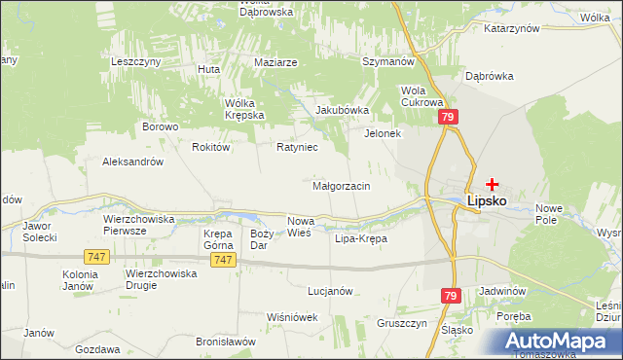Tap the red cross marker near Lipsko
tap(493, 183)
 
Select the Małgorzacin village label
tap(340, 186)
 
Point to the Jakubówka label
tap(342, 110)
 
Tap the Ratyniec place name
tap(298, 148)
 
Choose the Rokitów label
tap(210, 147)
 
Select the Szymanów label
tap(388, 60)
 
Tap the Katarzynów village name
tap(510, 29)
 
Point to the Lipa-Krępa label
tap(360, 238)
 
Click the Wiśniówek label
tap(292, 317)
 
